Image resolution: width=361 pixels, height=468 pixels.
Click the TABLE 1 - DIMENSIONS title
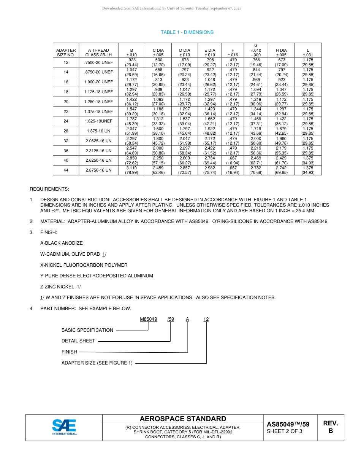coord(187,32)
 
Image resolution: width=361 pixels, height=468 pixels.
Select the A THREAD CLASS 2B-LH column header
coord(98,53)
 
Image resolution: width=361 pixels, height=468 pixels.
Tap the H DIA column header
coord(281,53)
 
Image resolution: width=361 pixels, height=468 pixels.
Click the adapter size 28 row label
coord(66,131)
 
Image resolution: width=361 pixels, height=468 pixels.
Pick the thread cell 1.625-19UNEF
coord(98,121)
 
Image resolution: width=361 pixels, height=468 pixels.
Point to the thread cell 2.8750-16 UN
coord(98,170)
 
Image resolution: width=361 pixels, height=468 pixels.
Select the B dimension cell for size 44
coord(131,170)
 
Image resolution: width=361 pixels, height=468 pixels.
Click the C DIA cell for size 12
coord(158,62)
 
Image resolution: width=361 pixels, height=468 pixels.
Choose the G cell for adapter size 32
coord(256,141)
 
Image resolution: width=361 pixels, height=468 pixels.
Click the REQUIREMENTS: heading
coord(49,189)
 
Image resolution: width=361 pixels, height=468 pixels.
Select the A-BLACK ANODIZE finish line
coord(62,243)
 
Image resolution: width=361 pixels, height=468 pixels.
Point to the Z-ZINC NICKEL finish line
coord(60,287)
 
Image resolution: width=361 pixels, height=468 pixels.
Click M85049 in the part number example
coord(148,319)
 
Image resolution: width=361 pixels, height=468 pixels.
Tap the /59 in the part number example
coord(171,319)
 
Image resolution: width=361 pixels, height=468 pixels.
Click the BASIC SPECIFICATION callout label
coord(87,330)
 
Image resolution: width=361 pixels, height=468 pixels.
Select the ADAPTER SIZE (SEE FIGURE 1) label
coord(97,363)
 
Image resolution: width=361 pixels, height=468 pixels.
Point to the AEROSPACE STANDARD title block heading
coord(183,419)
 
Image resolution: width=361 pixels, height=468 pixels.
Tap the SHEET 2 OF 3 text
coord(285,431)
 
